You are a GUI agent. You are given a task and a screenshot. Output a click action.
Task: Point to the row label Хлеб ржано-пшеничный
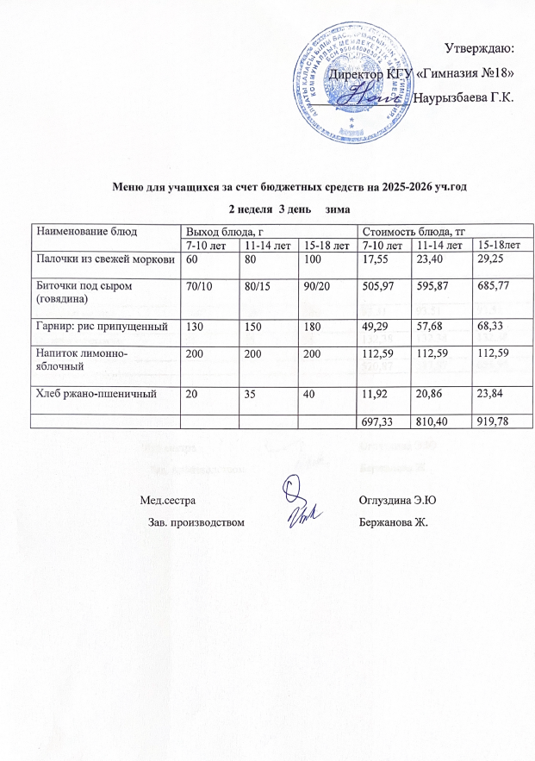click(x=94, y=395)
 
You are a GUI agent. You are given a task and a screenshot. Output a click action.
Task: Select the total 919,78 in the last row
click(x=496, y=421)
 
